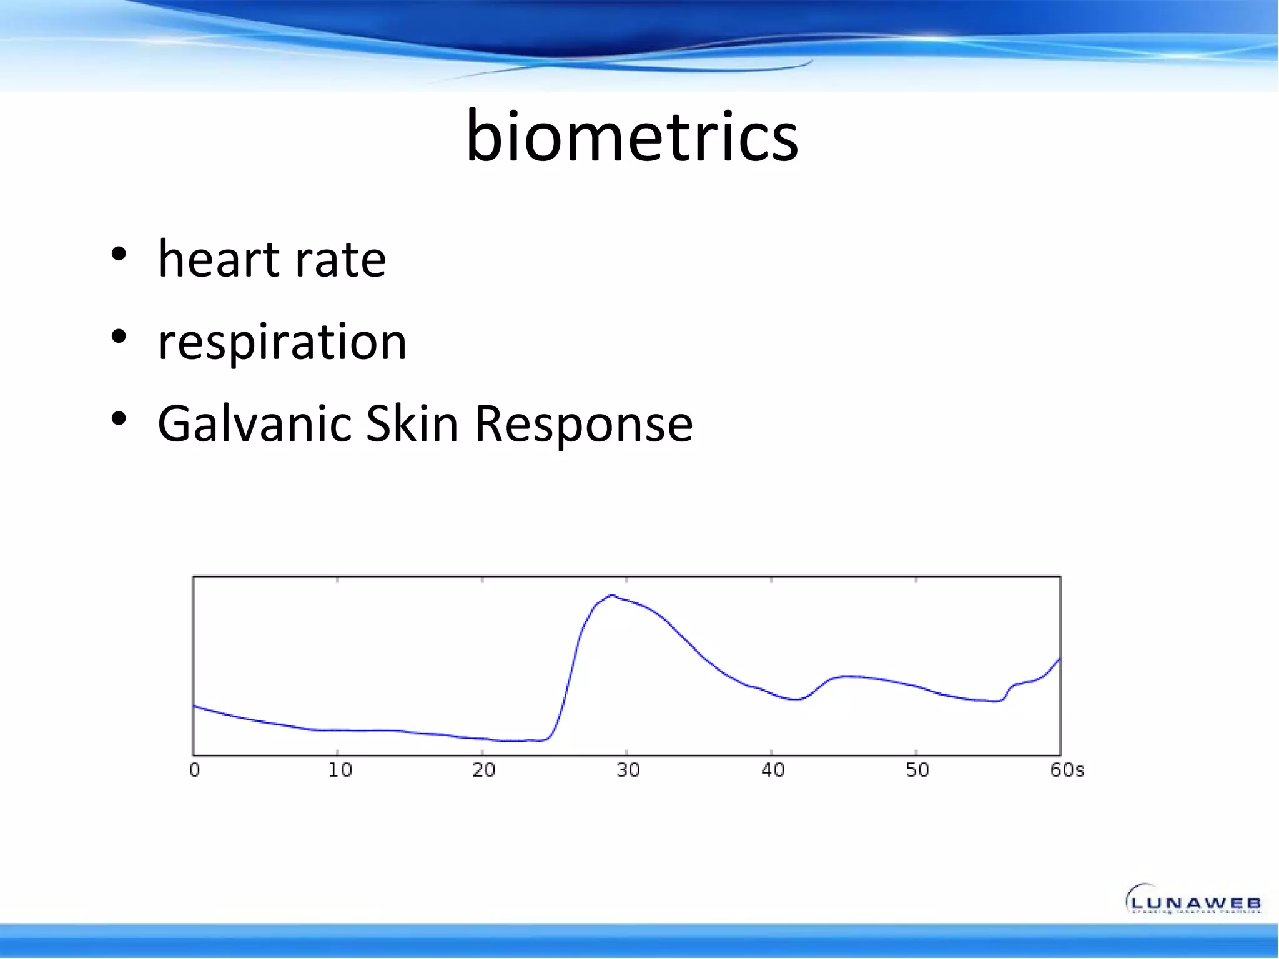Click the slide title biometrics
tap(632, 136)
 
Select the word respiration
tap(282, 342)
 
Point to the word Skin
tap(412, 424)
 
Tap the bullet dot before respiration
tap(118, 337)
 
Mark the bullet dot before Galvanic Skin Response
tap(118, 420)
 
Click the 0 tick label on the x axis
tap(195, 770)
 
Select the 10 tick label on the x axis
tap(340, 770)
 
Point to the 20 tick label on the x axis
tap(484, 770)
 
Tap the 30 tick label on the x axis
tap(628, 770)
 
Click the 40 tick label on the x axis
tap(773, 770)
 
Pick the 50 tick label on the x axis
tap(917, 770)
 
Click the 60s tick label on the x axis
tap(1067, 770)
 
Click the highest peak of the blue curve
tap(612, 596)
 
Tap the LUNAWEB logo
tap(1194, 900)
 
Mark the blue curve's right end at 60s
tap(1059, 659)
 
